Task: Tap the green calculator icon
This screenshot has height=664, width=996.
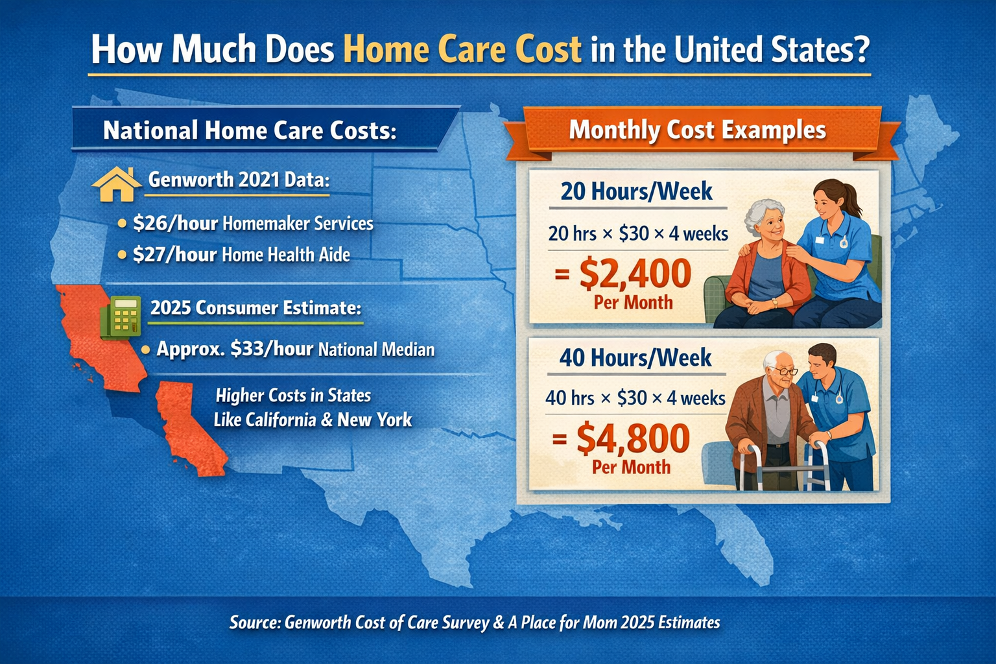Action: coord(121,316)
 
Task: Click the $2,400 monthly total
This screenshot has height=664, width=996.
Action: coord(635,273)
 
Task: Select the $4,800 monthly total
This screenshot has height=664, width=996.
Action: coord(632,438)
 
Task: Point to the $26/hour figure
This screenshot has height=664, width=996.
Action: coord(175,224)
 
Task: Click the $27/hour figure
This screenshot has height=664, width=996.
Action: coord(174,255)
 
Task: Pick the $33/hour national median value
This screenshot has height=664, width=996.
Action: coord(272,349)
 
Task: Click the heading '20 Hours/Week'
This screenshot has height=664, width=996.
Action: coord(636,191)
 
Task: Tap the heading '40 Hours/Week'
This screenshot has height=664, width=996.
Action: coord(635,358)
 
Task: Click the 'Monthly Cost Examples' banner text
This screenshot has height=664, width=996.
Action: coord(697,130)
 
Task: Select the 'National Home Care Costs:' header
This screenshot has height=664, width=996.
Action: coord(250,130)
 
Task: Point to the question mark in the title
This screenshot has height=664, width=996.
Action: coord(860,50)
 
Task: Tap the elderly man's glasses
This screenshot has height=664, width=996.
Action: coord(785,371)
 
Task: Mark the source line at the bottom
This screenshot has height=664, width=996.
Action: coord(475,622)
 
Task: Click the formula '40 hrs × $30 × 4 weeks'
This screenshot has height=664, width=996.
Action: coord(635,397)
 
